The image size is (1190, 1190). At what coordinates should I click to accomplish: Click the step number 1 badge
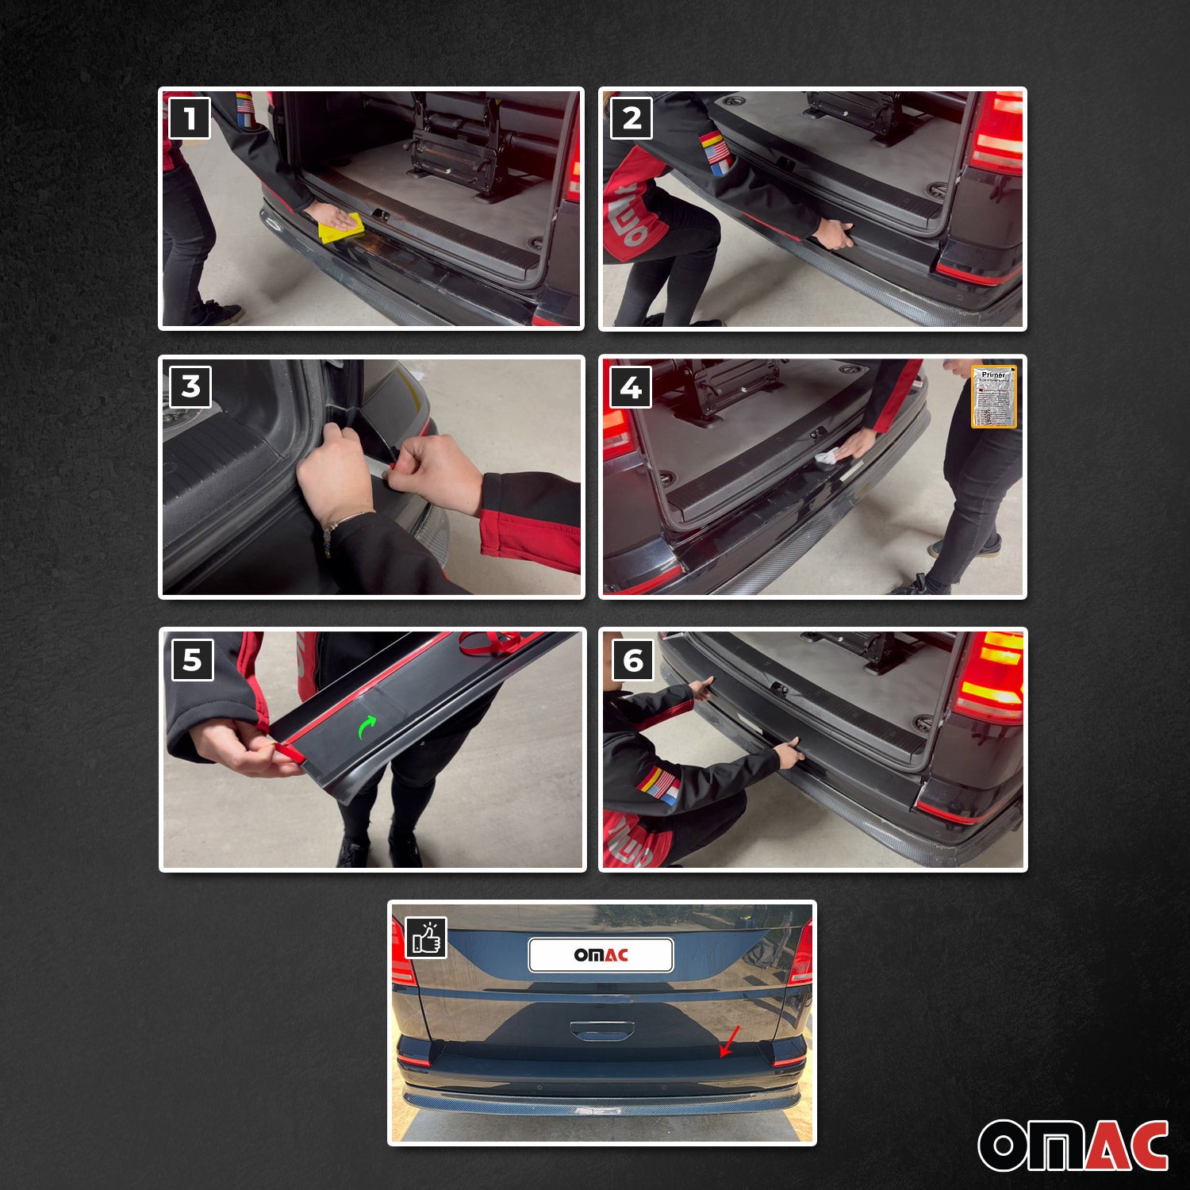coord(190,118)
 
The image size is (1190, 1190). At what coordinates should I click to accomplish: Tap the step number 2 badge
coord(631,118)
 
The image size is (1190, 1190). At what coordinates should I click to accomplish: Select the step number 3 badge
coord(190,386)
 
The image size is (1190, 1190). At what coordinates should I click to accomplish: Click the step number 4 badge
coord(631,387)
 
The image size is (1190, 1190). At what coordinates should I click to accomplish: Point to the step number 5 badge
coord(193,660)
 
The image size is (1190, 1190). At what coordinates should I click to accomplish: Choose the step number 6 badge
coord(633,660)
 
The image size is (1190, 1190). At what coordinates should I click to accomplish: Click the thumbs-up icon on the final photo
coord(426,938)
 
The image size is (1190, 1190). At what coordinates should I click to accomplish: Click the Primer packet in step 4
coord(993,397)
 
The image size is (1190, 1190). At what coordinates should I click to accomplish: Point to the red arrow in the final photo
coord(729,1041)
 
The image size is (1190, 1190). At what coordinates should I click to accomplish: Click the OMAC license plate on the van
coord(601,955)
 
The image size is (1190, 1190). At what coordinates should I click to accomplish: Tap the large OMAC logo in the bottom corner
coord(1073,1145)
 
